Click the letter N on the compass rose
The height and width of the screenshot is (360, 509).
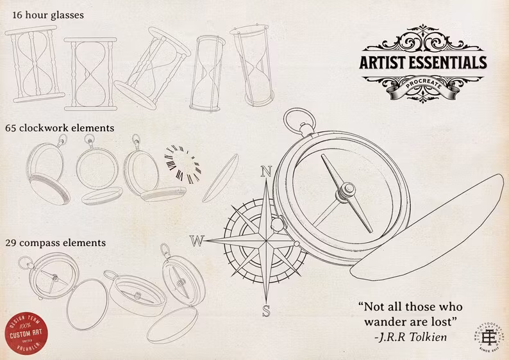coord(267,172)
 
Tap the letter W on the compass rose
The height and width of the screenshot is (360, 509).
coord(197,241)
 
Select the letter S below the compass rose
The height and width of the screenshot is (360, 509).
coord(266,312)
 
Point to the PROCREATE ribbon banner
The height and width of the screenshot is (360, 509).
coord(423,85)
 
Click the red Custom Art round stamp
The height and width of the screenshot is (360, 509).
coord(26,332)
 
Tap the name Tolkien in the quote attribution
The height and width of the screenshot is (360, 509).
coord(428,336)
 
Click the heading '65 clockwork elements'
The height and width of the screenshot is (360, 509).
coord(60,127)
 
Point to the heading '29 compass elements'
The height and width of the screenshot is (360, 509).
coord(55,243)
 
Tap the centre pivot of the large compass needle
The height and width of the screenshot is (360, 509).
coord(346,189)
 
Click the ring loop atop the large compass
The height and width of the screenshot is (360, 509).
coord(296,119)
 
